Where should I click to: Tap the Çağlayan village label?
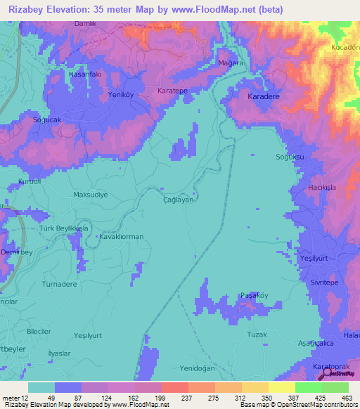(x=178, y=200)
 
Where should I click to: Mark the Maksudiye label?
(x=91, y=195)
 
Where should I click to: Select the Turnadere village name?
(x=60, y=283)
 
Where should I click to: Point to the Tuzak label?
(x=256, y=335)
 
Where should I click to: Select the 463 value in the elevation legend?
(x=345, y=398)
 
